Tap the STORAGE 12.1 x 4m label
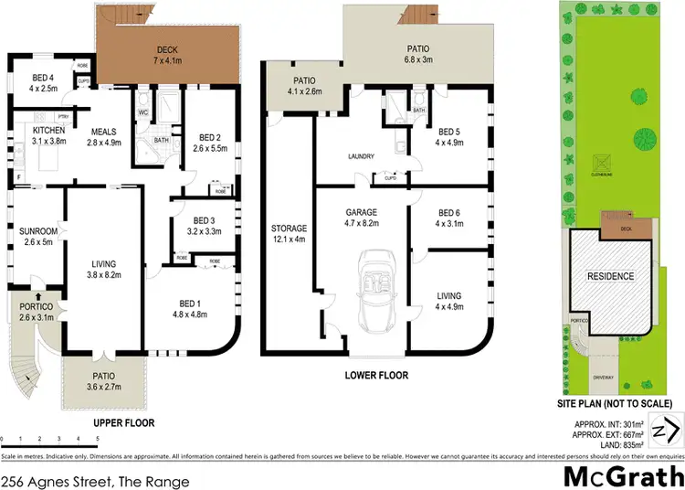pyautogui.click(x=289, y=233)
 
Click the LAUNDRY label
pyautogui.click(x=361, y=156)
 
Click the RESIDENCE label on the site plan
pyautogui.click(x=610, y=276)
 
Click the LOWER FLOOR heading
pyautogui.click(x=375, y=376)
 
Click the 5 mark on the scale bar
pyautogui.click(x=97, y=441)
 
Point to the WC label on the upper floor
pyautogui.click(x=143, y=112)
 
